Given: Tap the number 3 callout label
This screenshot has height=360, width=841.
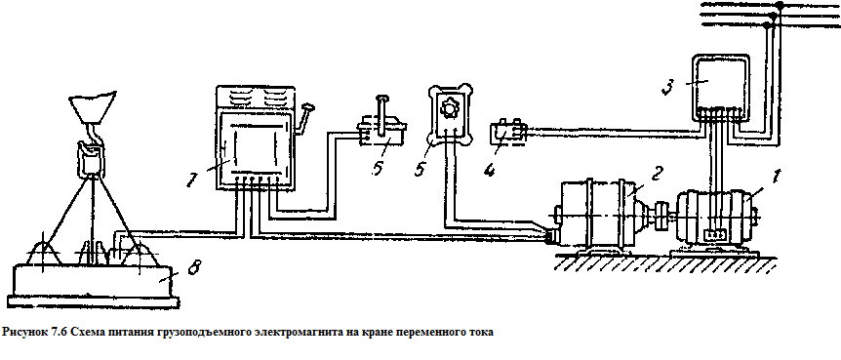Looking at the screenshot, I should coord(666,89).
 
